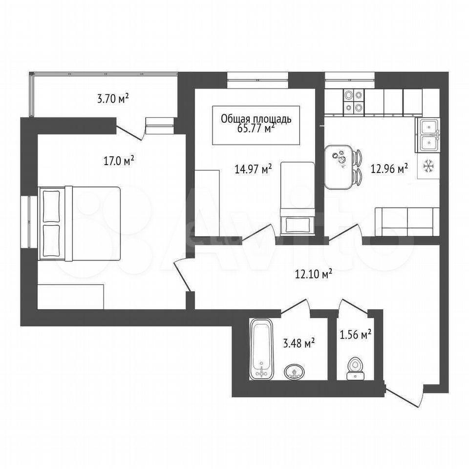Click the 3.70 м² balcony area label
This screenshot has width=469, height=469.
pos(113,98)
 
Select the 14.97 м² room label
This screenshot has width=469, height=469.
pos(253,170)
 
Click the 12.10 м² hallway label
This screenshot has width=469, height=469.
pos(314,274)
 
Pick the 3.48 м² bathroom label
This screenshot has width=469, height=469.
pos(299,343)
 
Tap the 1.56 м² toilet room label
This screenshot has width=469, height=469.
pos(356,334)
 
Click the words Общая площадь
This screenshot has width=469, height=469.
pos(256,119)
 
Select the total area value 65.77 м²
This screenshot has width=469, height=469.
pos(256,128)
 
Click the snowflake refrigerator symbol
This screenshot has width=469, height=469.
pos(428,166)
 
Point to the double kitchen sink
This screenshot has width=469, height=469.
pos(428,135)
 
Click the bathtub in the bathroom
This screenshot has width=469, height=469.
pos(261,349)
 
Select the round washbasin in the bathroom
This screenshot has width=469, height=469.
pos(295,372)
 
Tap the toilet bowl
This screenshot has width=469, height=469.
pos(355,369)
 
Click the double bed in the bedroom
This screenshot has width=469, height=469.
pos(79,223)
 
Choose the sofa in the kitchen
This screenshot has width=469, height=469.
pos(407,221)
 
